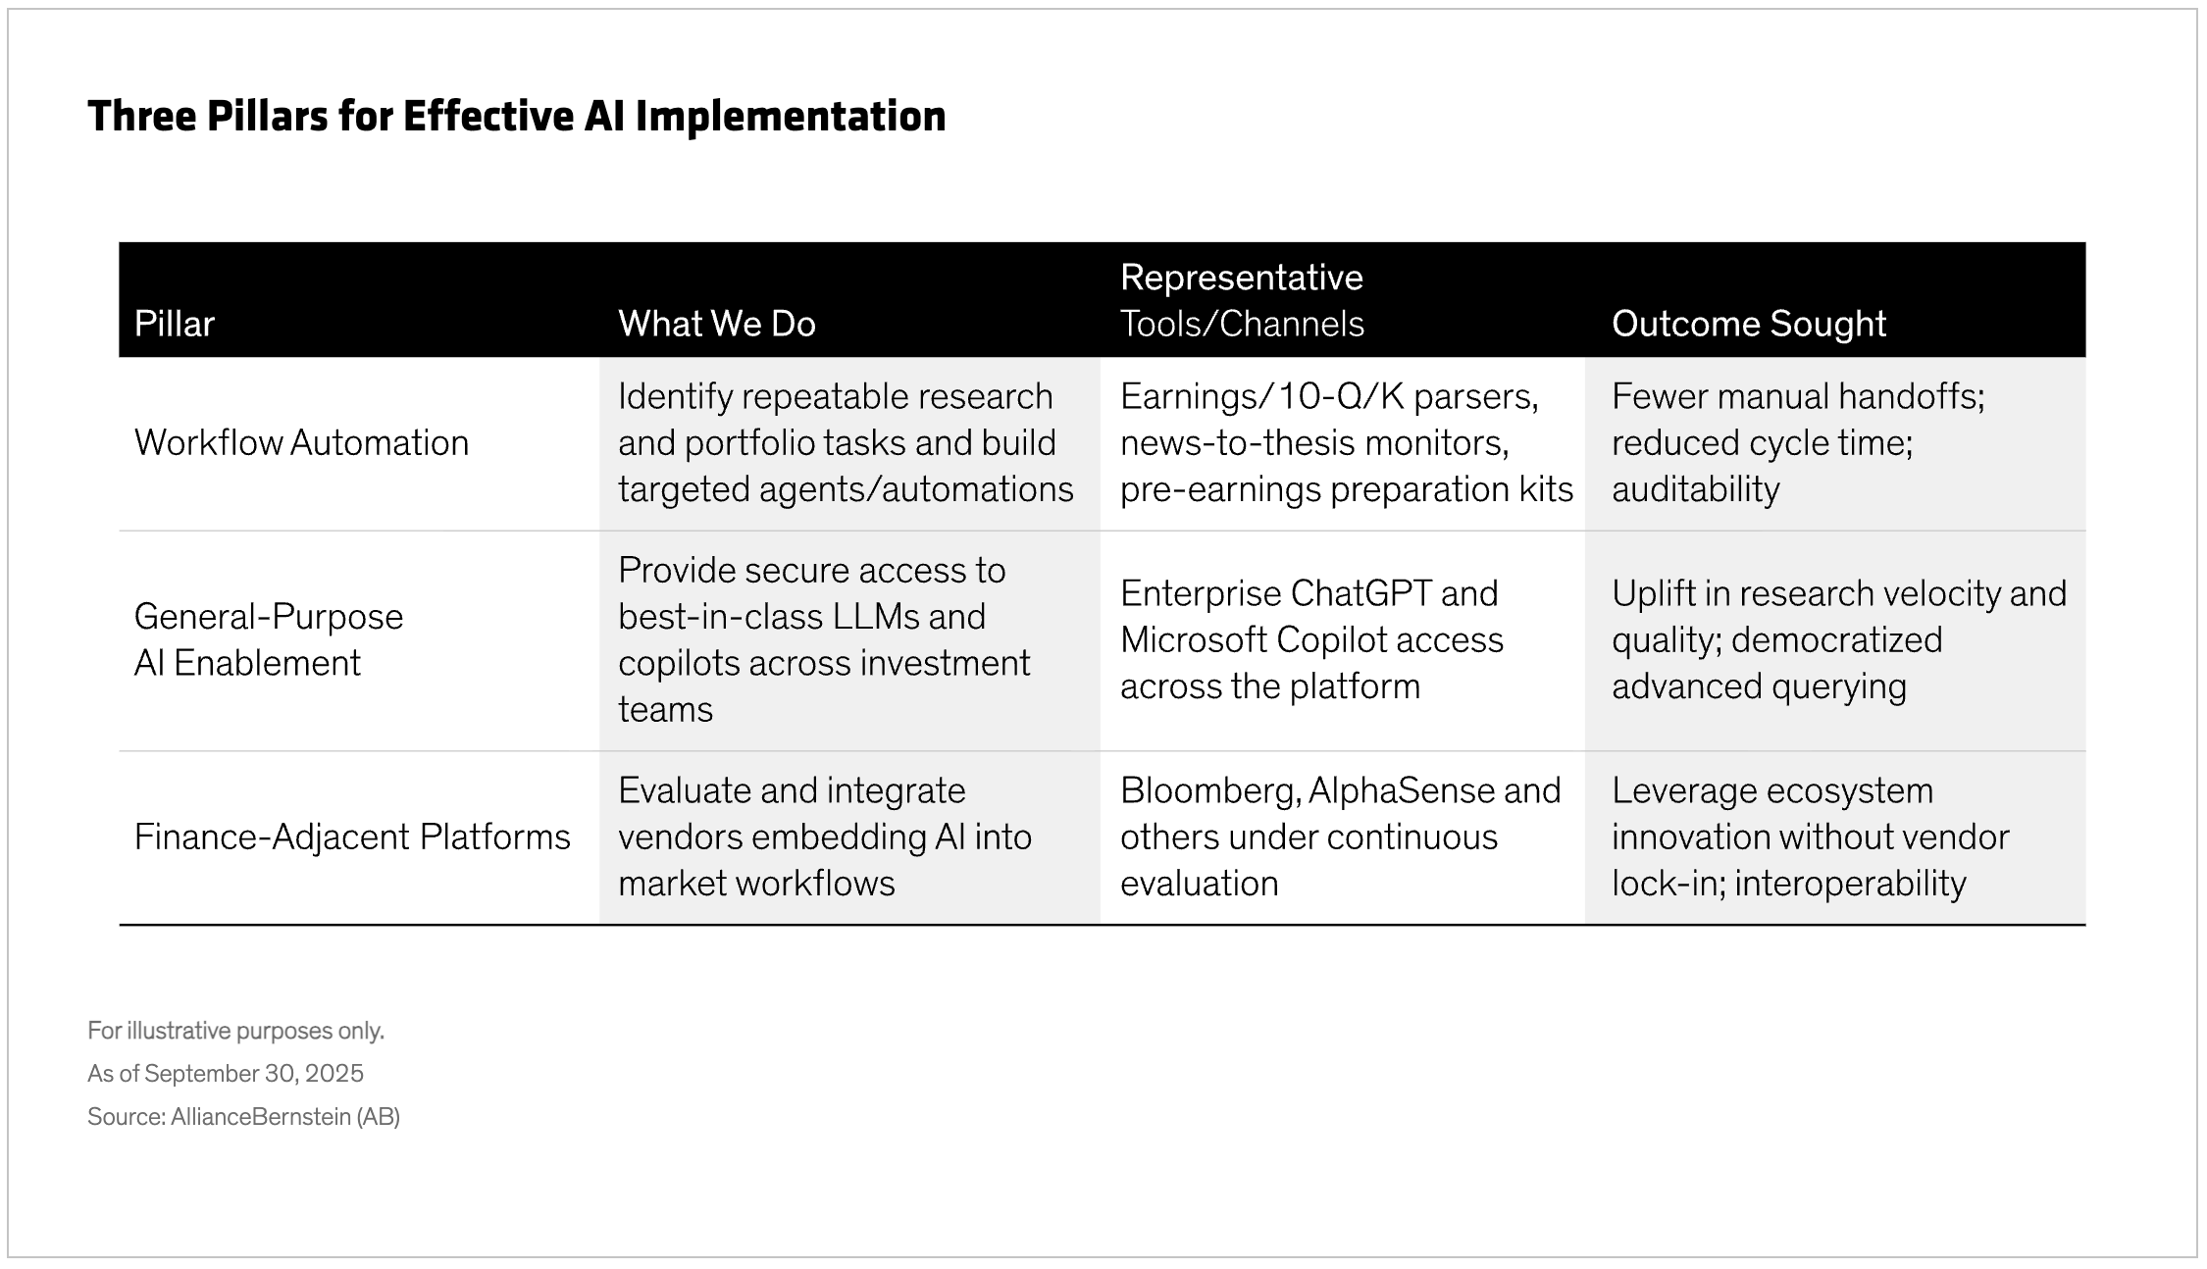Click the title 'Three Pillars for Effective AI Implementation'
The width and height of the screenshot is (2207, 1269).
tap(516, 117)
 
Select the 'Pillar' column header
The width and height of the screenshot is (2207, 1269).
tap(175, 324)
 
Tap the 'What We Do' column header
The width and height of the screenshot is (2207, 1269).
tap(716, 324)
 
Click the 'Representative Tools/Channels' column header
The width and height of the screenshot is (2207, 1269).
tap(1241, 300)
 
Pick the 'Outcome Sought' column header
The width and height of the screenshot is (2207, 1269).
tap(1748, 324)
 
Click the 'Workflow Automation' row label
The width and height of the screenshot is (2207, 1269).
tap(301, 443)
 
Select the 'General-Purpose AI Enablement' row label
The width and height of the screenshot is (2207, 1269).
tap(268, 639)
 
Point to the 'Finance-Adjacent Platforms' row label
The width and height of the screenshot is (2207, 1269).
tap(351, 838)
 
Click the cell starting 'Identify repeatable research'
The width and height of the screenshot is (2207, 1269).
tap(845, 443)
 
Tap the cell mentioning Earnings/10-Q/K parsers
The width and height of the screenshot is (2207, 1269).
tap(1345, 443)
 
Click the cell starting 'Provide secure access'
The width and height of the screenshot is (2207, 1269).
tap(823, 639)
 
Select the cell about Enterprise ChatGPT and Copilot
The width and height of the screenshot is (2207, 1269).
tap(1310, 639)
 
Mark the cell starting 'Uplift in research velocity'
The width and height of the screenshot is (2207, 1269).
tap(1838, 639)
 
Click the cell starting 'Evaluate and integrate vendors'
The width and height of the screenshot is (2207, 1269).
tap(824, 838)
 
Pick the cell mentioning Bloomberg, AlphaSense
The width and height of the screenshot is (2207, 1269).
tap(1339, 838)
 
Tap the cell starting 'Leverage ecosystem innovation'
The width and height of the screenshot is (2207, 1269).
tap(1810, 838)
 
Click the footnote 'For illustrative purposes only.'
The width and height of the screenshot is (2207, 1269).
tap(235, 1031)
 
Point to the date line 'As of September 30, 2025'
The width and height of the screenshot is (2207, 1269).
tap(226, 1074)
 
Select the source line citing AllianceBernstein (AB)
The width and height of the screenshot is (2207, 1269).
tap(243, 1117)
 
